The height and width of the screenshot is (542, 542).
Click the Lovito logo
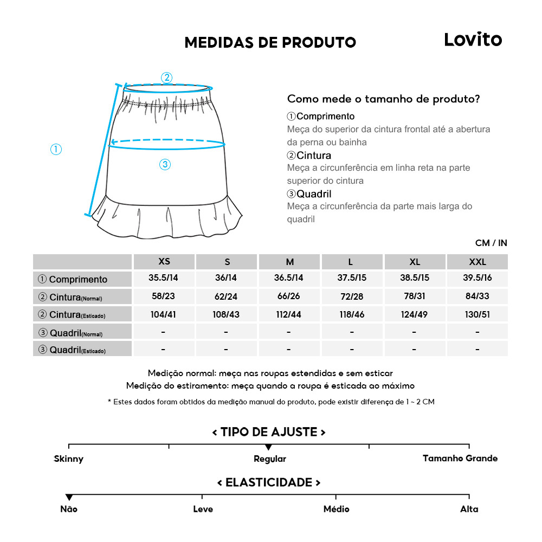(x=473, y=40)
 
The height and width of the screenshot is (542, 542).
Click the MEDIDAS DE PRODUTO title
(x=270, y=43)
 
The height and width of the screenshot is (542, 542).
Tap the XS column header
(x=164, y=262)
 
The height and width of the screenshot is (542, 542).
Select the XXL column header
(x=477, y=262)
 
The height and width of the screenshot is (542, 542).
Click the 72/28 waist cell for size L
(x=352, y=296)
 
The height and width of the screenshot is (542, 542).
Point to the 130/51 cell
(x=477, y=314)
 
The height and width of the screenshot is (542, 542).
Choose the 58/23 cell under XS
(x=164, y=296)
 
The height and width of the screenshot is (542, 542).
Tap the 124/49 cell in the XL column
(x=415, y=314)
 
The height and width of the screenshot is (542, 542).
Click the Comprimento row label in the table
(x=73, y=280)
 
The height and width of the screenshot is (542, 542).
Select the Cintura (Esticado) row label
(x=73, y=314)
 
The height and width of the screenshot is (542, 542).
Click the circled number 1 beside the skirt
(x=56, y=150)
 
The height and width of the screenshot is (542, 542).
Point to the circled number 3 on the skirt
(x=165, y=165)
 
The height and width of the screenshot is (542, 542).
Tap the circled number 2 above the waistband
(x=167, y=78)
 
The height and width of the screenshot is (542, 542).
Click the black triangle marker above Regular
(x=268, y=447)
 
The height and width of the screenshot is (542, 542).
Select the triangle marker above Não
(x=69, y=497)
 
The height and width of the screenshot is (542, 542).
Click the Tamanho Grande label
(x=460, y=459)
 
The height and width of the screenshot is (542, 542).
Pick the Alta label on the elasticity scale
(x=469, y=509)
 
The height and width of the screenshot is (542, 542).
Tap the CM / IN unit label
(x=491, y=243)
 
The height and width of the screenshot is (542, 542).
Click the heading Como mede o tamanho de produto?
(x=383, y=99)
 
